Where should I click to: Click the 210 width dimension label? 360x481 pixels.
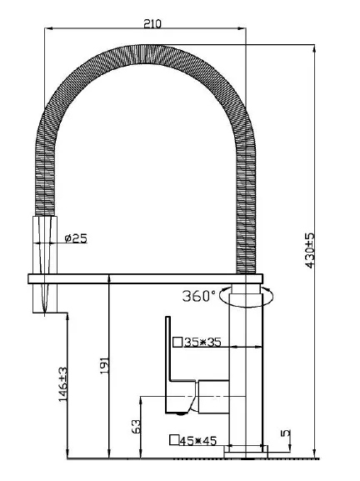[152, 23]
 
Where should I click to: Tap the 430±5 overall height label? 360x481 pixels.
[310, 251]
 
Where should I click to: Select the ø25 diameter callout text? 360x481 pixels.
[77, 238]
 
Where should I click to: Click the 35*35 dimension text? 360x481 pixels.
[202, 342]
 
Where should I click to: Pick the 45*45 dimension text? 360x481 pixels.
[198, 441]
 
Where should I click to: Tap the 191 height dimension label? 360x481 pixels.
[104, 366]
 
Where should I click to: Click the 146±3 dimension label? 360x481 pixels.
[62, 383]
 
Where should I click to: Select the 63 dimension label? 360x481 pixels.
[136, 426]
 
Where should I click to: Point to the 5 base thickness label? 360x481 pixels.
[286, 433]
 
